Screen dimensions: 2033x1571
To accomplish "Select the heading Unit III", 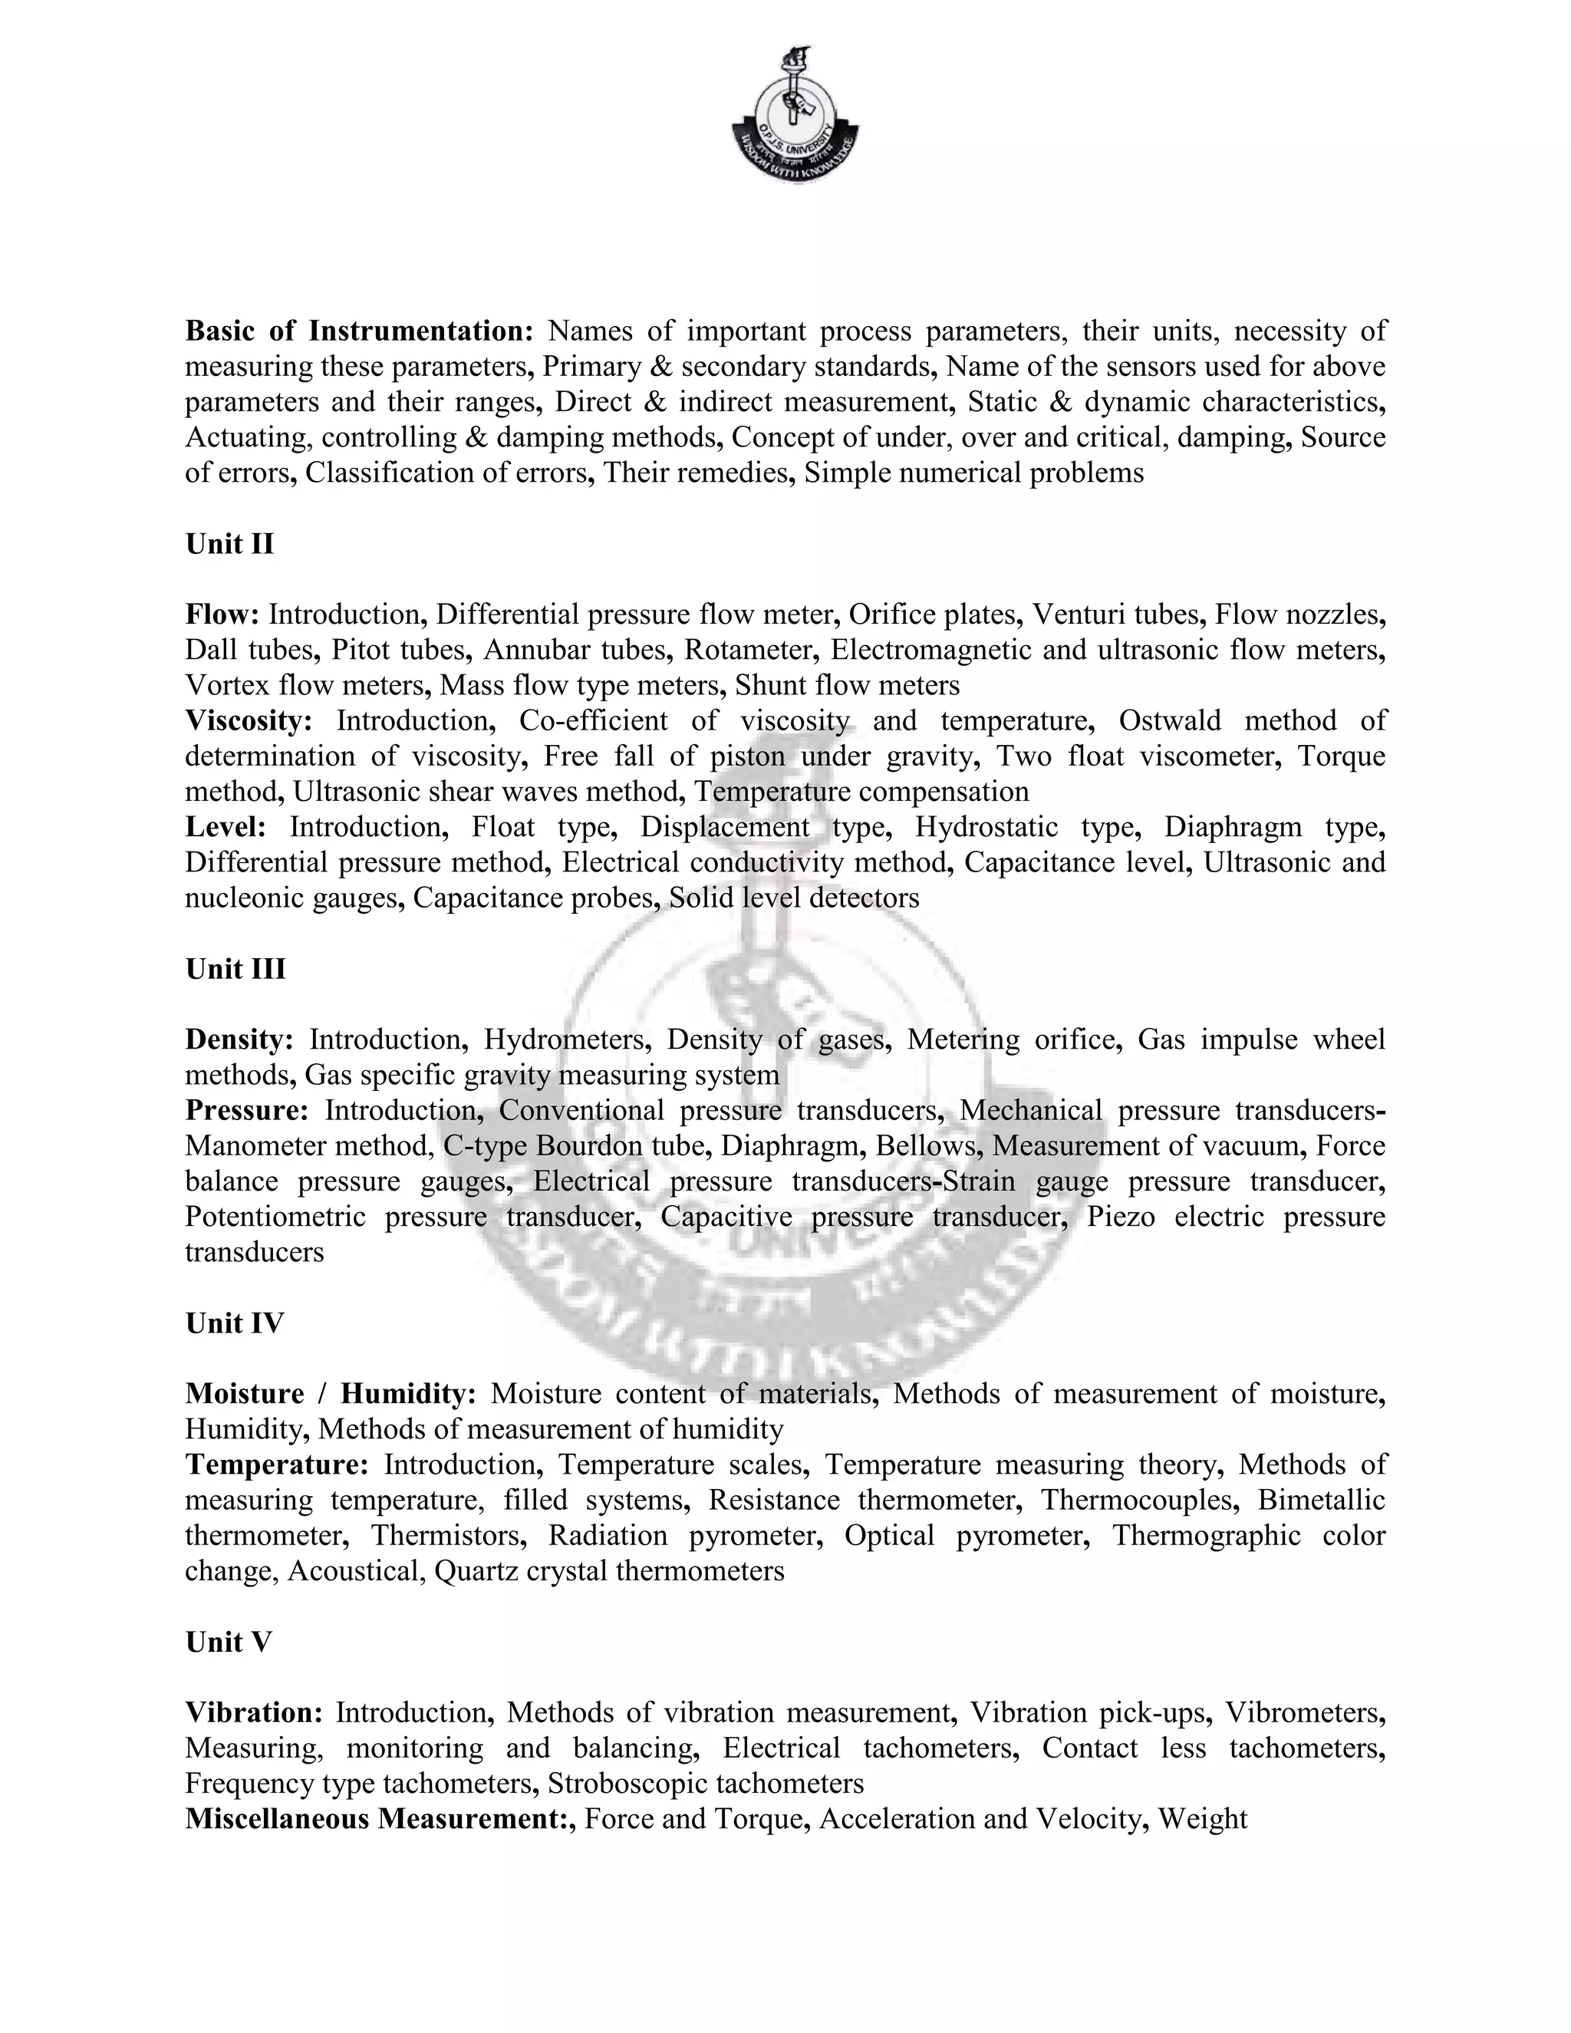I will pyautogui.click(x=235, y=969).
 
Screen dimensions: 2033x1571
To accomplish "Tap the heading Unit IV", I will pyautogui.click(x=234, y=1323).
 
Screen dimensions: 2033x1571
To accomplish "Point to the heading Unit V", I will pyautogui.click(x=228, y=1641).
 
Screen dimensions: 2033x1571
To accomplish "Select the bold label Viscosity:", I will pyautogui.click(x=249, y=720).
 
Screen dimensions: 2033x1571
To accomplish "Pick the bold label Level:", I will pyautogui.click(x=226, y=826).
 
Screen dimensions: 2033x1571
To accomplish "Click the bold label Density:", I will pyautogui.click(x=239, y=1039).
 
